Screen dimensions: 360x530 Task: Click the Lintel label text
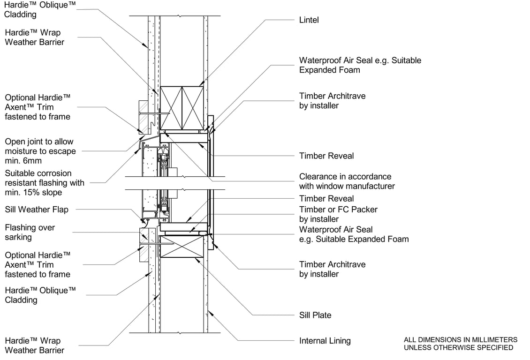pyautogui.click(x=309, y=20)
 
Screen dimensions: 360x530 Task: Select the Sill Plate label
pyautogui.click(x=315, y=315)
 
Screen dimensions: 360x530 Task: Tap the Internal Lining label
pyautogui.click(x=325, y=341)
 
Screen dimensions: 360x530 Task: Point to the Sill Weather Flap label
pyautogui.click(x=37, y=210)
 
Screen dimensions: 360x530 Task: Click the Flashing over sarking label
pyautogui.click(x=30, y=232)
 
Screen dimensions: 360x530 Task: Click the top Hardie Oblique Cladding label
pyautogui.click(x=40, y=9)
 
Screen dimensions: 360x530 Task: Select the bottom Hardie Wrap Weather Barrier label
pyautogui.click(x=34, y=345)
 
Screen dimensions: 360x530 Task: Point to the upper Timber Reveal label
pyautogui.click(x=326, y=156)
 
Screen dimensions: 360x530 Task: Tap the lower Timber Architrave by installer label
pyautogui.click(x=332, y=269)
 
